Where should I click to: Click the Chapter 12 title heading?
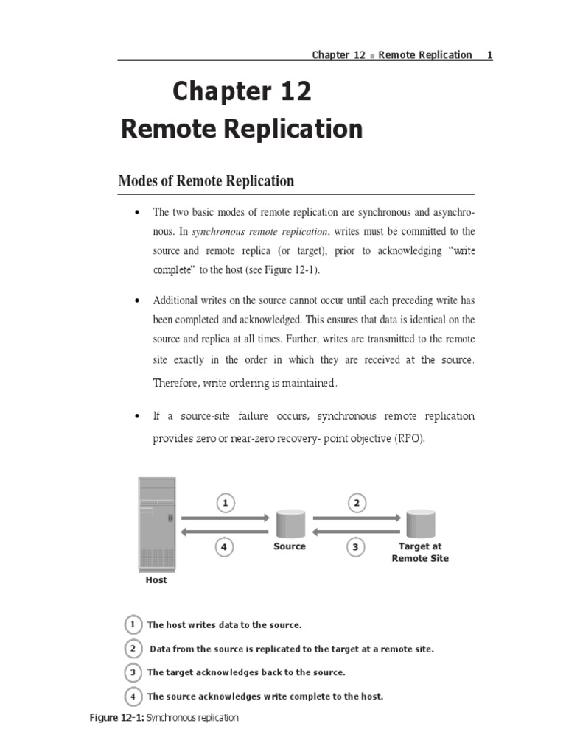[x=242, y=92]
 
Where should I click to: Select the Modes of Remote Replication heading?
[x=206, y=180]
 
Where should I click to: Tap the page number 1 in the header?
[x=489, y=55]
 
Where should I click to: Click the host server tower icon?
[x=157, y=523]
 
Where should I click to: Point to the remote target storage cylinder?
[x=420, y=523]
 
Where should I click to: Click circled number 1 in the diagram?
[x=226, y=504]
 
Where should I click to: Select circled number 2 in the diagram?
[x=356, y=504]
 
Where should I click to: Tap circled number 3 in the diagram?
[x=356, y=547]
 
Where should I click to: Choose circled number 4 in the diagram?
[x=226, y=547]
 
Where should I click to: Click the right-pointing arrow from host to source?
[x=226, y=518]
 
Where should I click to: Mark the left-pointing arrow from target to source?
[x=356, y=532]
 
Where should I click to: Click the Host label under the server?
[x=156, y=579]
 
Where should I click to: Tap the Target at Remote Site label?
[x=420, y=552]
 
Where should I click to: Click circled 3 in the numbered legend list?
[x=133, y=672]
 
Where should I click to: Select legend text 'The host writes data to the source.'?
[x=225, y=625]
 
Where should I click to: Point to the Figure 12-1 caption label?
[x=116, y=718]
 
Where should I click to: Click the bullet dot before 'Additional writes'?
[x=137, y=301]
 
